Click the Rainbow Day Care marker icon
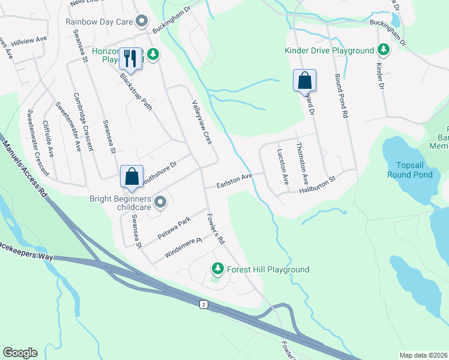click(x=142, y=22)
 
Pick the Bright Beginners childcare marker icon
click(x=160, y=203)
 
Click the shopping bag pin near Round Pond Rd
click(x=304, y=80)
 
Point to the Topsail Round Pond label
click(x=414, y=170)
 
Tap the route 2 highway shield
click(x=204, y=305)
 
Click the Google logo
click(x=20, y=353)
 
